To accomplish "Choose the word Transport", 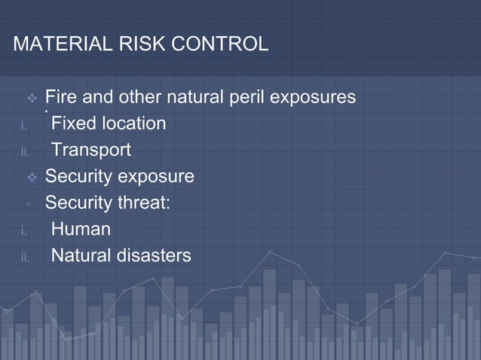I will click(x=90, y=150).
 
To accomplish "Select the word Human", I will click(x=81, y=229).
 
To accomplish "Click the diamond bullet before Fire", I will click(x=32, y=98).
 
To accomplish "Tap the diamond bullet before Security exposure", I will click(x=32, y=177).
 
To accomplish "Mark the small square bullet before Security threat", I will click(x=28, y=204).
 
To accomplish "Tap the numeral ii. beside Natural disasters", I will click(x=24, y=257).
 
